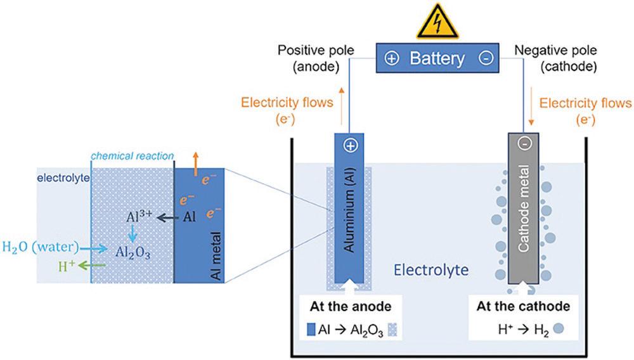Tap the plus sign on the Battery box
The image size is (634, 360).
392,58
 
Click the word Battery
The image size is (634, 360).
437,58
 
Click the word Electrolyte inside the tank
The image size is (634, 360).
431,270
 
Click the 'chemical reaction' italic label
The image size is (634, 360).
131,156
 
